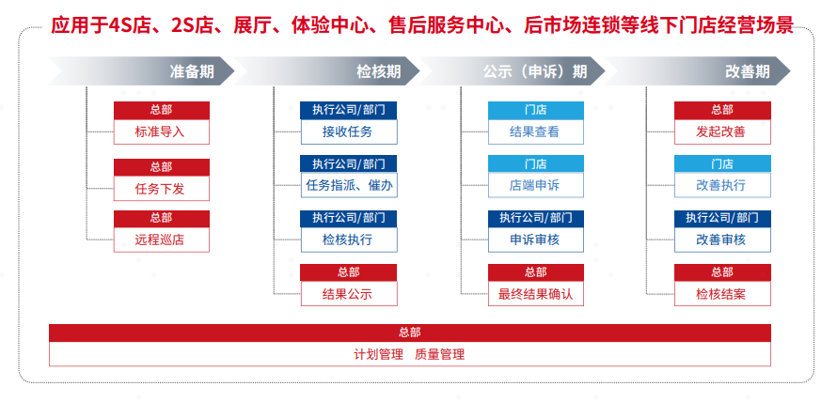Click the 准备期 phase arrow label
coord(192,71)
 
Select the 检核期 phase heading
coord(378,71)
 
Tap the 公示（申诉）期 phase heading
coord(535,71)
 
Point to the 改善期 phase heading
coord(748,71)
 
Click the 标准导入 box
coord(161,131)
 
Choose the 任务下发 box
coord(161,188)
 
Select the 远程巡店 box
coord(161,240)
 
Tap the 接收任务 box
coord(349,131)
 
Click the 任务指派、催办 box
coord(349,186)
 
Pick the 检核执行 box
coord(349,240)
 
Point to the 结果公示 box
coord(349,294)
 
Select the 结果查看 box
coord(535,131)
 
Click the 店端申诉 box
coord(535,186)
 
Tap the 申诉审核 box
coord(535,240)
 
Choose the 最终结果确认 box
coord(535,294)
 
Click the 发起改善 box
coord(722,131)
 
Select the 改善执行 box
coord(722,186)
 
